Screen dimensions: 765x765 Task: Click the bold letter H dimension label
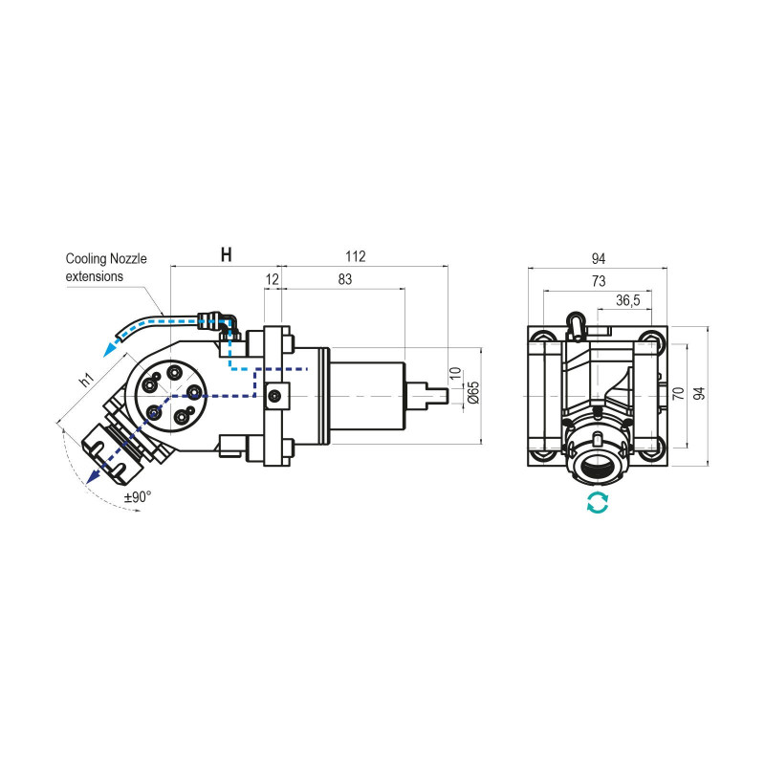(226, 255)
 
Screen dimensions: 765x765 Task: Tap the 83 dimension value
(345, 279)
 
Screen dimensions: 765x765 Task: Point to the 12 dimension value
(273, 279)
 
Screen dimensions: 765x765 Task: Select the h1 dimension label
(86, 380)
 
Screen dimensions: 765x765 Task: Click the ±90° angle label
(139, 497)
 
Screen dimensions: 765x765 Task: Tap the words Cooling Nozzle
(106, 259)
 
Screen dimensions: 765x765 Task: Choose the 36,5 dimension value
(627, 300)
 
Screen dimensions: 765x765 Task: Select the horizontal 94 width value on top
(599, 259)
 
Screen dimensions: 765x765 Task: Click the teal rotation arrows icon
(598, 503)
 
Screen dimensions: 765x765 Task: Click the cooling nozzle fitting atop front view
(575, 324)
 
